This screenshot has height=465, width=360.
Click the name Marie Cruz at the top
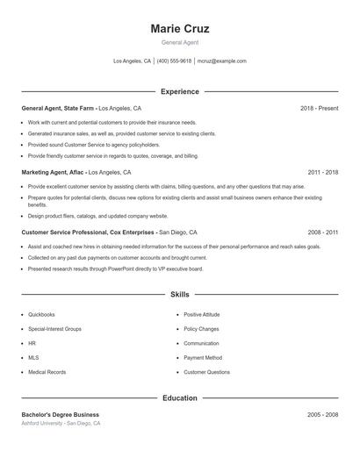[x=180, y=29]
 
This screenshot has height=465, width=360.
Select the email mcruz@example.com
[x=221, y=61]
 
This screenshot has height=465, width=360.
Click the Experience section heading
[x=180, y=91]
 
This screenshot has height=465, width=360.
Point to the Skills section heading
[x=180, y=295]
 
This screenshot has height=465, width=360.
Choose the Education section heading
[x=180, y=398]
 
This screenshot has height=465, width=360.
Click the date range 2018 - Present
[x=319, y=108]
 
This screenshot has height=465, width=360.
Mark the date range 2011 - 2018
[x=323, y=173]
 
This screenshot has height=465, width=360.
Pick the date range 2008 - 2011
[x=323, y=232]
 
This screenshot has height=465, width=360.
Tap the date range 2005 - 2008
[x=323, y=414]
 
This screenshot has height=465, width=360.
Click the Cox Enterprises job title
[x=88, y=232]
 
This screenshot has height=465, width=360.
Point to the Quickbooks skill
[x=41, y=314]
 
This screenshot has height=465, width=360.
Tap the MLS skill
[x=32, y=358]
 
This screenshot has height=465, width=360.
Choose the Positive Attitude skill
[x=202, y=314]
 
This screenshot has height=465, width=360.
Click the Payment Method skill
[x=203, y=358]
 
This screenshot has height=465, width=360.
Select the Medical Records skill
[x=47, y=372]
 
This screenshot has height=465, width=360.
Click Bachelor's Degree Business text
[x=60, y=414]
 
